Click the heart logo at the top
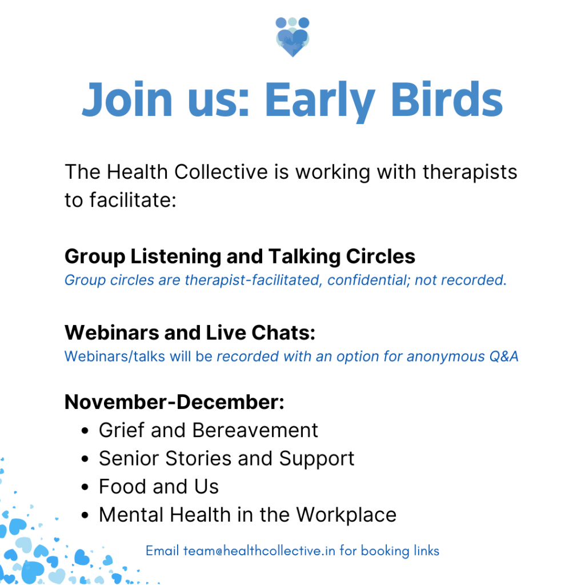pyautogui.click(x=292, y=37)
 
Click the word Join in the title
pyautogui.click(x=127, y=99)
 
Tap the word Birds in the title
pyautogui.click(x=447, y=99)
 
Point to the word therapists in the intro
pyautogui.click(x=470, y=173)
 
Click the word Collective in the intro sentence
pyautogui.click(x=221, y=172)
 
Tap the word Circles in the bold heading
pyautogui.click(x=380, y=257)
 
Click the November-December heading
pyautogui.click(x=174, y=402)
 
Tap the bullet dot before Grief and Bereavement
pyautogui.click(x=85, y=431)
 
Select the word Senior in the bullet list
pyautogui.click(x=129, y=458)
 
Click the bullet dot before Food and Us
pyautogui.click(x=85, y=487)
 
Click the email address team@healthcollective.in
pyautogui.click(x=259, y=551)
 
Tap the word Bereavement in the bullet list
pyautogui.click(x=255, y=430)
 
